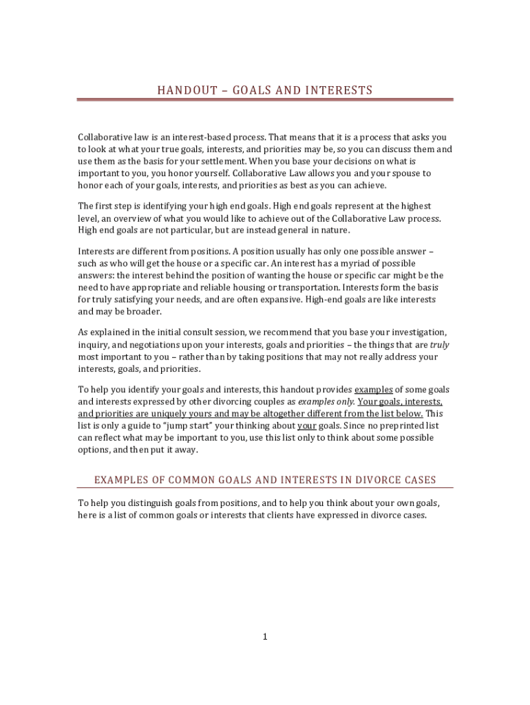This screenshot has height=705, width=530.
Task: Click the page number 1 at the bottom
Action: (x=264, y=637)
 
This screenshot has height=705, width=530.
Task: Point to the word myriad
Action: (x=362, y=264)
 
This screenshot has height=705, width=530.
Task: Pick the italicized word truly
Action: (x=439, y=345)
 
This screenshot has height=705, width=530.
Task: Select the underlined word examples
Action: (x=374, y=390)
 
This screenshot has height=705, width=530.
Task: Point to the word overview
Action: (x=125, y=218)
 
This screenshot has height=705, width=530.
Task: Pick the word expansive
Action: (x=278, y=300)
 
